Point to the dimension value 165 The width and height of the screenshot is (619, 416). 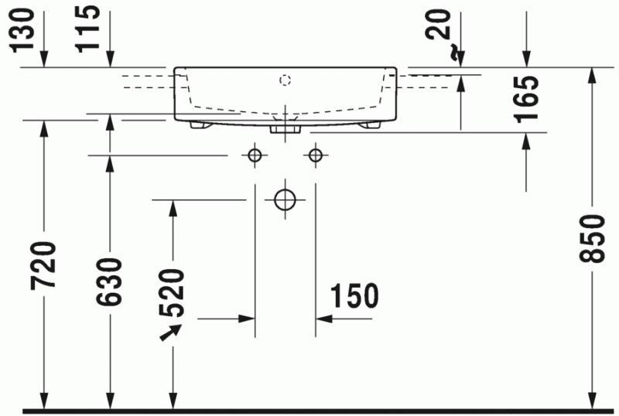[528, 100]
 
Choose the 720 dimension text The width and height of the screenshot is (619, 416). [45, 264]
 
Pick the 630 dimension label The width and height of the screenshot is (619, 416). [111, 281]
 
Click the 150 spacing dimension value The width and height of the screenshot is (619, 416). [355, 296]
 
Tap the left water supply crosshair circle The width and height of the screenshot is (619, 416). [254, 155]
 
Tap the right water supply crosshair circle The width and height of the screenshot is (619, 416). [314, 155]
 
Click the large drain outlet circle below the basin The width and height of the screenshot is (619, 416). [285, 199]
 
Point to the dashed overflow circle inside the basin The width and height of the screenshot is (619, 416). [285, 80]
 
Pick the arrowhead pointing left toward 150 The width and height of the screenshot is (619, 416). [322, 318]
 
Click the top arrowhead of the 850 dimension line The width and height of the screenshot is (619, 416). [592, 75]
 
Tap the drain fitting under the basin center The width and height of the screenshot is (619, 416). [284, 128]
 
